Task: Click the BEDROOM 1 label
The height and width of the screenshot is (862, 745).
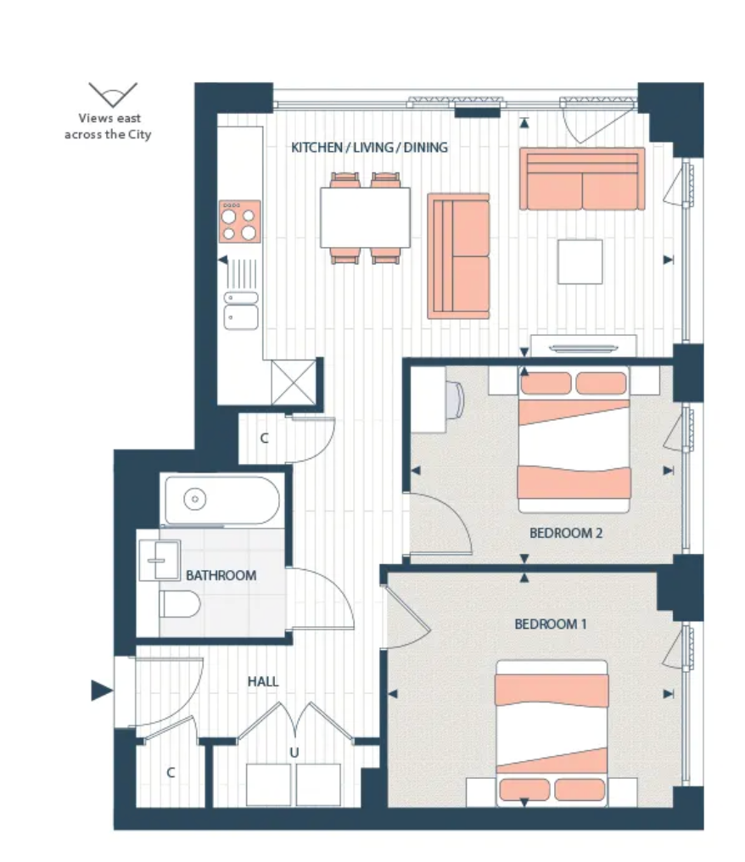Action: point(551,624)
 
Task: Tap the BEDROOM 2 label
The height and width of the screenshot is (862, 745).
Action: point(566,533)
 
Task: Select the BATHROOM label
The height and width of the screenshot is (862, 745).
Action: point(221,575)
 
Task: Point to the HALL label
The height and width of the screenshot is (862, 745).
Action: point(263,681)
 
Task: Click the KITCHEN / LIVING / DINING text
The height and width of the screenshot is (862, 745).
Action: point(369,148)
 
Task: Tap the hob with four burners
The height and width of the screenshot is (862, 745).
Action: point(240,221)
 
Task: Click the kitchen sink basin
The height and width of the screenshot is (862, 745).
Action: point(241,317)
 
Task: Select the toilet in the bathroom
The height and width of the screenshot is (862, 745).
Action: point(179,604)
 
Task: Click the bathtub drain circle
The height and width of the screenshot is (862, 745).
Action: point(194,499)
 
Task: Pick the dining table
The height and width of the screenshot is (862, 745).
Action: point(365,218)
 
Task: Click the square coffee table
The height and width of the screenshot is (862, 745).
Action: point(580,261)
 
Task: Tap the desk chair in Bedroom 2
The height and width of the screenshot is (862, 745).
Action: point(455,399)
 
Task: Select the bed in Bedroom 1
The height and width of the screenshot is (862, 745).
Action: point(552,733)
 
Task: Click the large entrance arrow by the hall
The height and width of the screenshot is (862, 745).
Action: point(102,691)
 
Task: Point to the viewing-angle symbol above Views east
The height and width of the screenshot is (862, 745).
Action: point(113,94)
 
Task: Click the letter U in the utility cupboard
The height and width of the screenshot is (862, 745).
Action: point(294,753)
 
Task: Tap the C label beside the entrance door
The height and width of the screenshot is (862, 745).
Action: point(171,772)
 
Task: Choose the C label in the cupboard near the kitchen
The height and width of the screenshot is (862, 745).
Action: point(264,438)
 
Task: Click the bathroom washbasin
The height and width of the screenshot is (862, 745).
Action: point(160,560)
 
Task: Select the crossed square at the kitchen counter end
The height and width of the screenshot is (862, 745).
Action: point(294,382)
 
